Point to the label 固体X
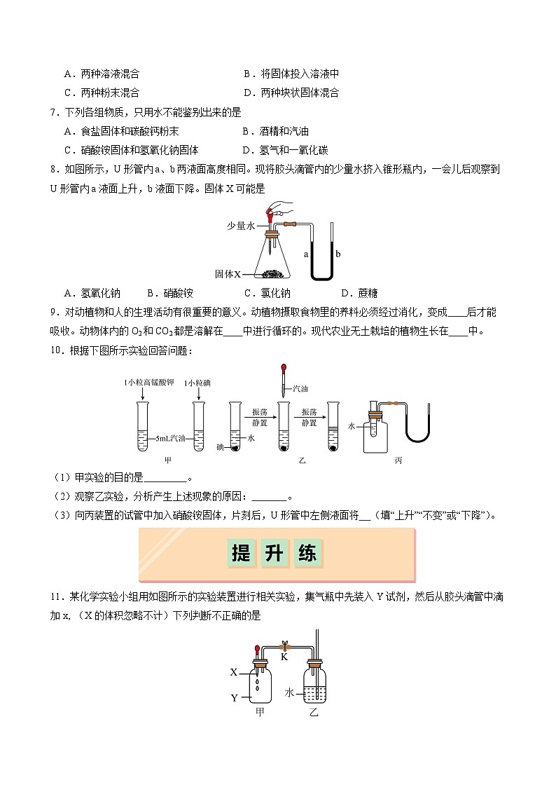pos(228,274)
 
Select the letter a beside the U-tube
pos(306,254)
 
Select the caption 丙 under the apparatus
pos(398,460)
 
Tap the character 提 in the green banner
pos(241,554)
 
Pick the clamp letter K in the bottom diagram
pos(284,657)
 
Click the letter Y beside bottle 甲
pos(234,698)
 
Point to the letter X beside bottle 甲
pos(234,672)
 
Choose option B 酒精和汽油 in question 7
pos(276,131)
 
